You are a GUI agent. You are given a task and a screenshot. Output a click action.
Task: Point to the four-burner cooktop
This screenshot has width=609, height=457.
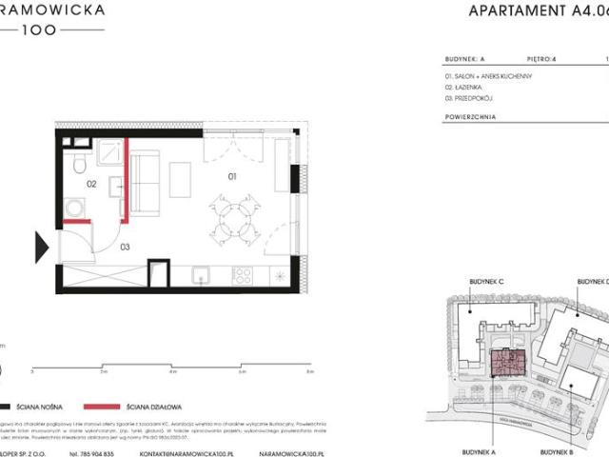243,275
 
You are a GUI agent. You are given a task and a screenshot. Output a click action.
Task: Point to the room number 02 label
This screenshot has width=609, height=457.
93,184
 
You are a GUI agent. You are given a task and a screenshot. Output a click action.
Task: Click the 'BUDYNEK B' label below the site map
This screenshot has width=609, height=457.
560,427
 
